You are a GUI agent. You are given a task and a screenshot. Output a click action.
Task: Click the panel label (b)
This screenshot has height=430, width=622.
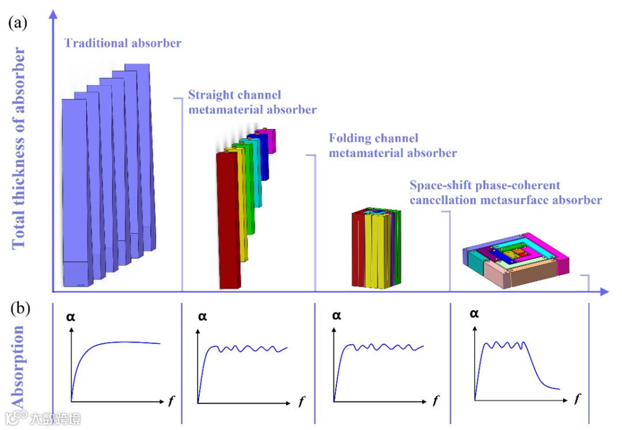[x=20, y=309]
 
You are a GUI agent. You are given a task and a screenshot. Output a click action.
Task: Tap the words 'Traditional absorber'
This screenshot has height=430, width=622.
[x=123, y=43]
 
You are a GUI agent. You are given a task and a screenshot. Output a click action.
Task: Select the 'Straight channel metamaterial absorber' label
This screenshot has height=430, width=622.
[x=252, y=102]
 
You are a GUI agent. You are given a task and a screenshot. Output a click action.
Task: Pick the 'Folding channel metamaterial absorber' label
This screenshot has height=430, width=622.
[x=393, y=146]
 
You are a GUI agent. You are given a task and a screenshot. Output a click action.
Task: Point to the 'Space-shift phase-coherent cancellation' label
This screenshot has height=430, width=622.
[x=506, y=193]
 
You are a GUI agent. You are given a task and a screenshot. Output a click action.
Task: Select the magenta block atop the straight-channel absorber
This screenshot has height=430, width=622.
[x=267, y=140]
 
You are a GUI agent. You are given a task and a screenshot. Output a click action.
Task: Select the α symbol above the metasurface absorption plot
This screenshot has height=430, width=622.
[x=474, y=314]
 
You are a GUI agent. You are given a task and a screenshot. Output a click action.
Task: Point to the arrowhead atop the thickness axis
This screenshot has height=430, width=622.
[x=53, y=12]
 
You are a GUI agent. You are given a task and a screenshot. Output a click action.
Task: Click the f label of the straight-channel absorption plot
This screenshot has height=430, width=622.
[x=302, y=400]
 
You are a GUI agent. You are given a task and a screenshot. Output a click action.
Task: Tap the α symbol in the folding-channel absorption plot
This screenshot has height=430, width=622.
[x=337, y=315]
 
